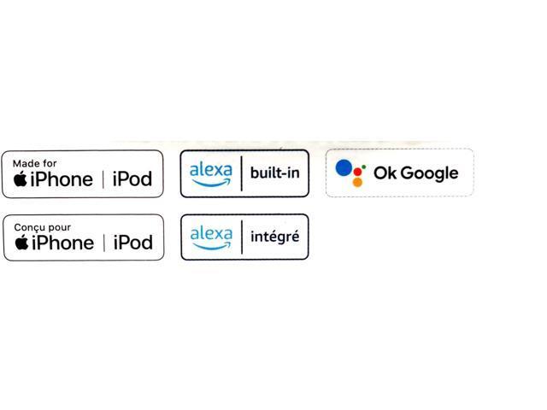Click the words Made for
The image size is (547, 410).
[34, 163]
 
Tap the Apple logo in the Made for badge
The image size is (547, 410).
[21, 179]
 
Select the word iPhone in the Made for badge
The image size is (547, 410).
[62, 179]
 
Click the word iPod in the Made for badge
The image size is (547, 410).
[132, 179]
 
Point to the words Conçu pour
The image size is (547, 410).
[42, 228]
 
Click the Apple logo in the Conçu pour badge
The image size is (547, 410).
[21, 242]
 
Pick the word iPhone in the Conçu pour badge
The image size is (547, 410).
[62, 243]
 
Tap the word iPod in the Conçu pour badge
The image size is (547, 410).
[133, 243]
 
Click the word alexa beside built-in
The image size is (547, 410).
[211, 170]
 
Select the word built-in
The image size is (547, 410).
[275, 173]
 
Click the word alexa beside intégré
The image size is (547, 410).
[211, 233]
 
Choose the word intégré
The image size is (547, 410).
[275, 237]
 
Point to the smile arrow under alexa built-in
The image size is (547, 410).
[212, 183]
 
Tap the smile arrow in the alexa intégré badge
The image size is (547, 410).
[212, 246]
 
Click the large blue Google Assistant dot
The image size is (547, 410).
[344, 167]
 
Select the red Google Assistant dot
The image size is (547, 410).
[357, 172]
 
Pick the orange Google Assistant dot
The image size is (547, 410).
[357, 182]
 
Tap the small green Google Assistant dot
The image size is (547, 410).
[364, 167]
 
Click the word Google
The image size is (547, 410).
[429, 173]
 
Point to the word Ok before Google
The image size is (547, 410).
[385, 173]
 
